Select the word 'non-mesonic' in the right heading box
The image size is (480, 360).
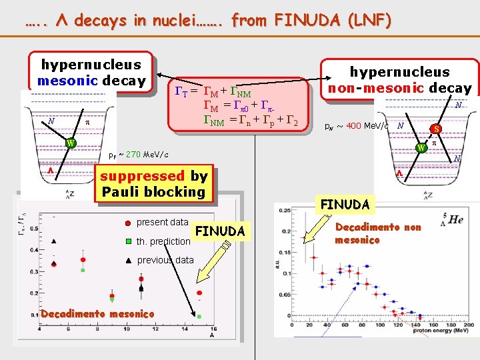[x=383, y=88]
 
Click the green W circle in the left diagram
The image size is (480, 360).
[x=71, y=142]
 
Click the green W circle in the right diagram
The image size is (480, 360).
[x=421, y=147]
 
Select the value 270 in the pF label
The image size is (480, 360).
[x=133, y=155]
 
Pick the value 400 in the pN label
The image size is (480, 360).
[x=355, y=125]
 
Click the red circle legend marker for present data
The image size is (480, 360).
[x=127, y=223]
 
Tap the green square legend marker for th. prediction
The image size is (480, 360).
[x=127, y=241]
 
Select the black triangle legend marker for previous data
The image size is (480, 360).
[x=127, y=260]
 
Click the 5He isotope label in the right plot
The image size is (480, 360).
[x=454, y=219]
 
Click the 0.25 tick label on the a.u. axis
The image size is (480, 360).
[x=285, y=211]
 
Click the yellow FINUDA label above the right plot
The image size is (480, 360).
[x=345, y=203]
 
